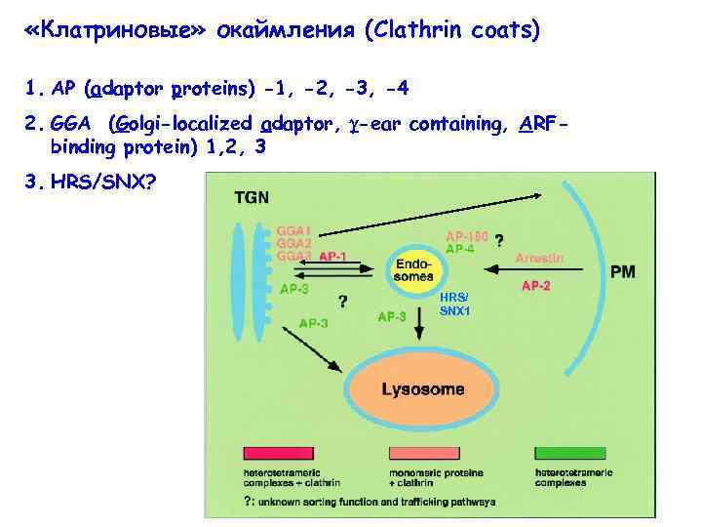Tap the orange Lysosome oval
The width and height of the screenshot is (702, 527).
coord(423,389)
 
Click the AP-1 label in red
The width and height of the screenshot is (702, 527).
coord(332,256)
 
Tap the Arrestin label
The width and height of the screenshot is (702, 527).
coord(540,258)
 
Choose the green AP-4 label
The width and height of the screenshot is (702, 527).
coord(460,249)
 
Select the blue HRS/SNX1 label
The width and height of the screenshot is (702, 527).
coord(454,304)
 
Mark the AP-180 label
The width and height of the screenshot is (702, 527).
coord(466,235)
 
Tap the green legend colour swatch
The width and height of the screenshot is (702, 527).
coord(570,454)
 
